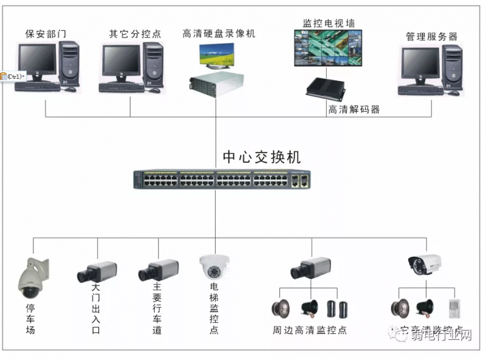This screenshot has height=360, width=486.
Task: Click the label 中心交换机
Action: tap(261, 157)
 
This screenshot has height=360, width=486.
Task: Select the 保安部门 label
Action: tap(46, 34)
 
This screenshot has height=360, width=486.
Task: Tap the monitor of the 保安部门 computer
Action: tap(37, 63)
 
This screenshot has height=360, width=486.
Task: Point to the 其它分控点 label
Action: tap(135, 34)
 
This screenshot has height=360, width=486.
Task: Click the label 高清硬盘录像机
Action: tap(219, 34)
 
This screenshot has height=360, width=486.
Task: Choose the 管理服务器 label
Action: tap(431, 37)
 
